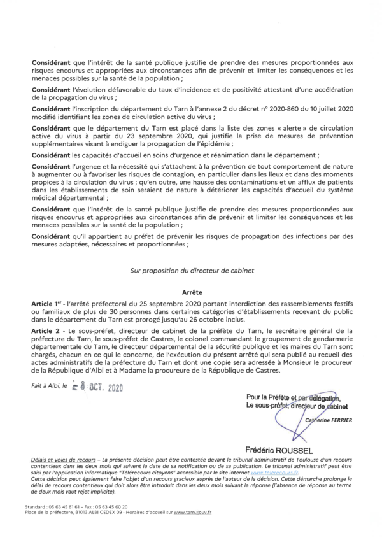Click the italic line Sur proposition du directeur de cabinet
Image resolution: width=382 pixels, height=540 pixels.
(191, 269)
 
